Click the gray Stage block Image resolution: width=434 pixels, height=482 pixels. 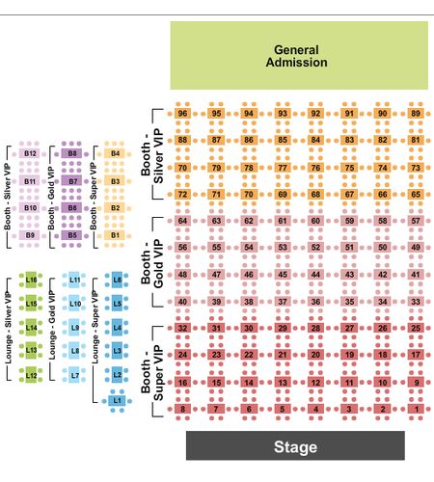295,445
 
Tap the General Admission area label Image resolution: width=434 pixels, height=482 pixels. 296,56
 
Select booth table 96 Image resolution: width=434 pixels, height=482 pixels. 182,114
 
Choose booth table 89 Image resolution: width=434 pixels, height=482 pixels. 416,114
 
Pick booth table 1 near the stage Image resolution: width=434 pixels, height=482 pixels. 416,409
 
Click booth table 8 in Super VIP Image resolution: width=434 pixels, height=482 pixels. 182,409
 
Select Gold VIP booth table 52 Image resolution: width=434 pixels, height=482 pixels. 315,248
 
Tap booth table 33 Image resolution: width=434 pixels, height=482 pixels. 416,302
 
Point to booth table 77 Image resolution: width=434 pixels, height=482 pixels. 283,168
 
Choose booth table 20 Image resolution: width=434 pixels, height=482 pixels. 315,355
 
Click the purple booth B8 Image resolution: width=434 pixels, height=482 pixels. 71,153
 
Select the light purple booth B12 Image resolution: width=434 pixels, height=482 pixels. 30,153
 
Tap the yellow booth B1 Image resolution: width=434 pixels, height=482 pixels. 115,235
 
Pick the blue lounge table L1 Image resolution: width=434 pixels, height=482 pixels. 117,401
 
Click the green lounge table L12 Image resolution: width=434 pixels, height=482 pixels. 31,375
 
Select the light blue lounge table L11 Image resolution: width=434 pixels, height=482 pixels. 74,280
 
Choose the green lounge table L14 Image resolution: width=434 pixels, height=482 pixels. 31,328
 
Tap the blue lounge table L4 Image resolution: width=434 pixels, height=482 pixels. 117,328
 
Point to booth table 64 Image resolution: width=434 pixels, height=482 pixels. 182,221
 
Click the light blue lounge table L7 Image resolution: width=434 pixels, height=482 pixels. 74,375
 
